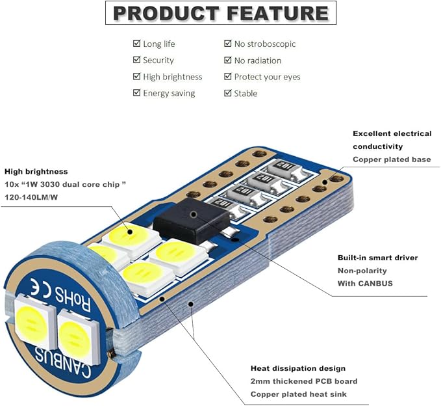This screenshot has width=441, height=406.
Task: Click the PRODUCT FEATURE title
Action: pos(221,13)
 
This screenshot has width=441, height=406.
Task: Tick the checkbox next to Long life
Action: pos(136,44)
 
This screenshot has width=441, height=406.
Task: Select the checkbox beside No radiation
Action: pos(228,60)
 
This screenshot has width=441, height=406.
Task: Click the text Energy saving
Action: pos(169,93)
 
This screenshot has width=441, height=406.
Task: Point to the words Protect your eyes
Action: pos(267,77)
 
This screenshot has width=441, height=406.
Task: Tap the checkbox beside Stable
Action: pos(228,93)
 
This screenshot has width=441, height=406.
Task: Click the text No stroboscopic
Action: pos(265,44)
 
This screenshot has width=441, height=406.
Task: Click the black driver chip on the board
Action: pos(191,221)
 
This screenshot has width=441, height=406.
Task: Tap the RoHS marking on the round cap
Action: pos(73,299)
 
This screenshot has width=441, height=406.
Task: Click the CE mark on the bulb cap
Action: pos(40,286)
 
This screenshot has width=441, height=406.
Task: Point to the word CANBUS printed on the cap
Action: pos(62,362)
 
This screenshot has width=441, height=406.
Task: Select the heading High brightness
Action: pos(36,172)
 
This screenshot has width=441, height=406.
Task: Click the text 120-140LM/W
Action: pos(31,197)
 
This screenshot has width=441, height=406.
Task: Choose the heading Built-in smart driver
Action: pos(378,258)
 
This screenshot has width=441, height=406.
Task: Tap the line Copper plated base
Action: pos(392,159)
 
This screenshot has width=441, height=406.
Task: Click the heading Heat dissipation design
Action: pos(298,368)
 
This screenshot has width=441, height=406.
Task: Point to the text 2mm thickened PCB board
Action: pos(304,381)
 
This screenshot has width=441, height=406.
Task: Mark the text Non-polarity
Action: pos(362,271)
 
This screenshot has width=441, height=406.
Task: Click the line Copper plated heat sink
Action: pos(299,394)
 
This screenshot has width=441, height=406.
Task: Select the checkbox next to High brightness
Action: pos(136,76)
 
